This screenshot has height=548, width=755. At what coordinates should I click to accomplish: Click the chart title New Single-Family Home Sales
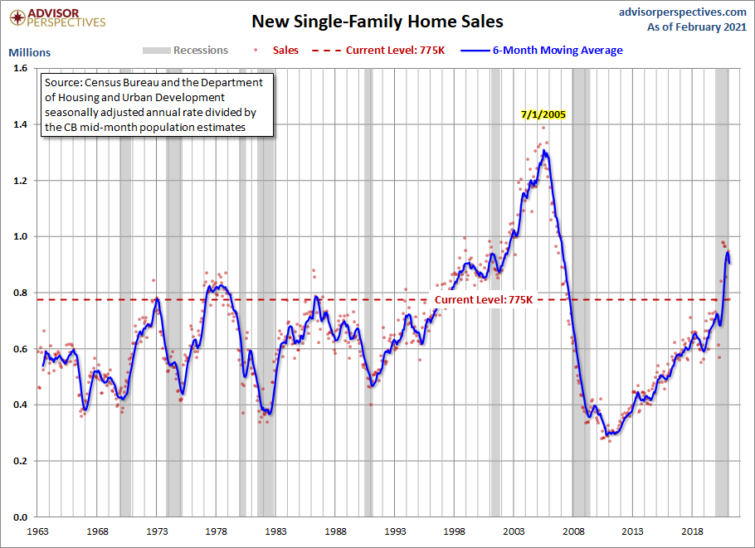click(377, 21)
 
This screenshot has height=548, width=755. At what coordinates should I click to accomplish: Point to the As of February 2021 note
click(698, 27)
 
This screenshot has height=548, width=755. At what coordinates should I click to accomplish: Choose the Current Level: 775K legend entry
click(394, 51)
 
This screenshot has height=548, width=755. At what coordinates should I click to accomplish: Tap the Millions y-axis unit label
click(30, 52)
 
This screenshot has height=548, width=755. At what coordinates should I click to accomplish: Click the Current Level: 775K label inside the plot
click(483, 299)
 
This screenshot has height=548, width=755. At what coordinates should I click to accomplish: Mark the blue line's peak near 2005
click(544, 151)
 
